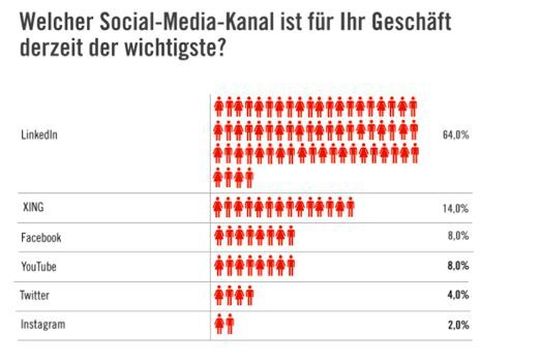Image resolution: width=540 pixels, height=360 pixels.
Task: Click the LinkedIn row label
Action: point(37,136)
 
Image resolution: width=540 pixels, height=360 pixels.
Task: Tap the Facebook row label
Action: point(41,237)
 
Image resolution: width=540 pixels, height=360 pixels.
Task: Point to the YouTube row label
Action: point(39,266)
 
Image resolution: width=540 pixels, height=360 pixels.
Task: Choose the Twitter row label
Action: point(35,296)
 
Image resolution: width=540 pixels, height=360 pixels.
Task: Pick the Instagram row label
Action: point(41,325)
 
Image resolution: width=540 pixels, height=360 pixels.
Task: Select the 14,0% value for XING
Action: point(455,208)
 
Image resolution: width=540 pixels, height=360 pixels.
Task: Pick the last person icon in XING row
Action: point(349,207)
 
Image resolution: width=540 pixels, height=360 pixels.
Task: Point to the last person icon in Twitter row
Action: point(248,296)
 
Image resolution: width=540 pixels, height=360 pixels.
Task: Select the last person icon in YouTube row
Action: point(289,266)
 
